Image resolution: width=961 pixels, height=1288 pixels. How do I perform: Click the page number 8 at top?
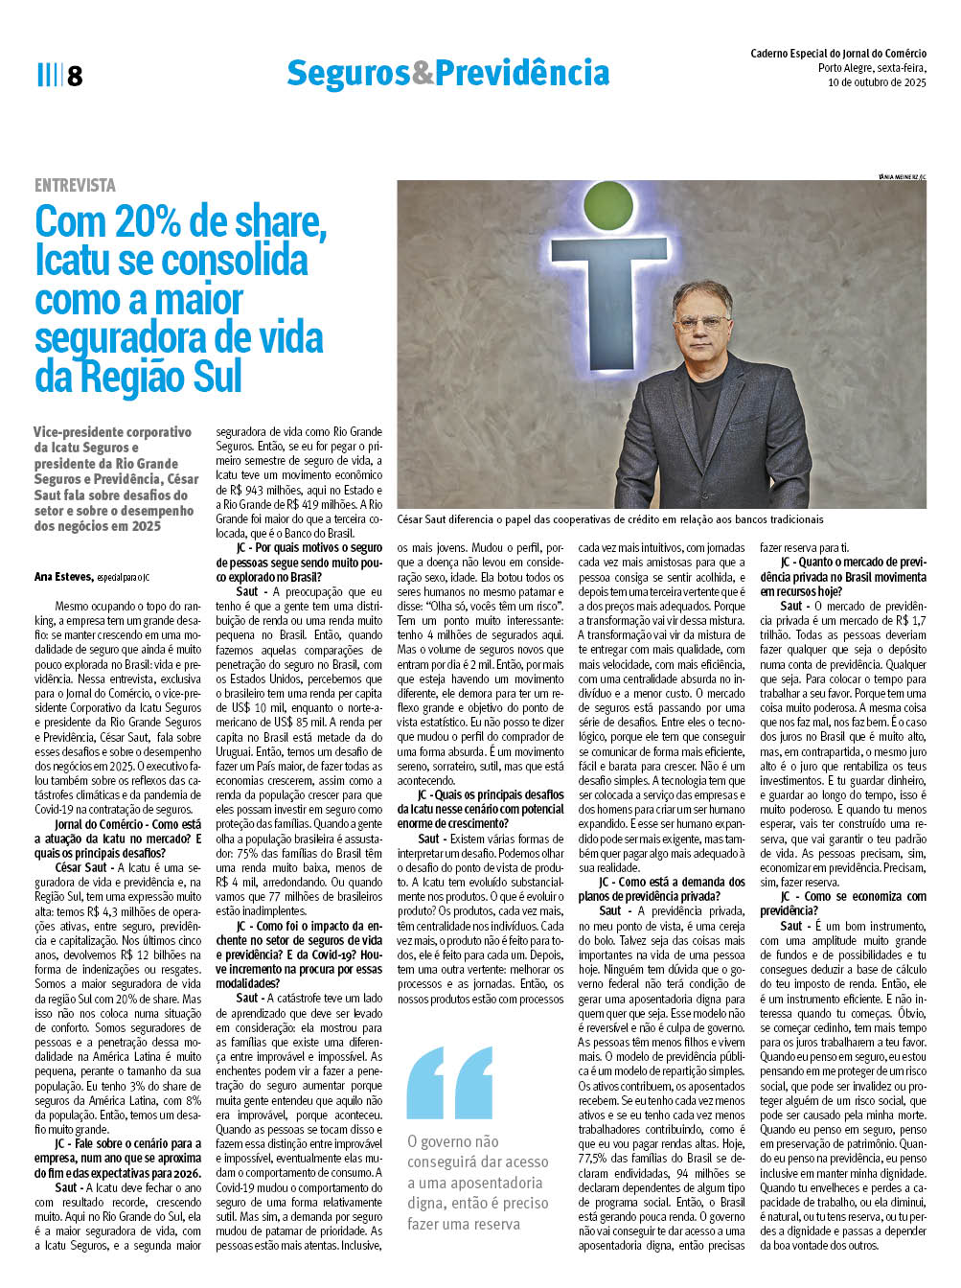[x=75, y=76]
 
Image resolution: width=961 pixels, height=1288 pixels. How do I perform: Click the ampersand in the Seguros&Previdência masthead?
[x=423, y=73]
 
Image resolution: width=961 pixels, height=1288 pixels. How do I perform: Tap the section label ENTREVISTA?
[x=75, y=185]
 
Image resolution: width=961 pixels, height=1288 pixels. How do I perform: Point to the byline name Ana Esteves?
[x=63, y=576]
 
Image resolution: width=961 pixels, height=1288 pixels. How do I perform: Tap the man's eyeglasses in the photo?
[x=701, y=323]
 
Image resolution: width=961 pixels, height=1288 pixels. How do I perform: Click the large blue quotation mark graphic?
[x=449, y=1082]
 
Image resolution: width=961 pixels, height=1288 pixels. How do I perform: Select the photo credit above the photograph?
[x=902, y=177]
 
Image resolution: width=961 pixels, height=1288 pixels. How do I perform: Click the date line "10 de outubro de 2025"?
[x=877, y=82]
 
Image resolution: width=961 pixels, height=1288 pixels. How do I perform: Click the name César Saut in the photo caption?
[x=428, y=519]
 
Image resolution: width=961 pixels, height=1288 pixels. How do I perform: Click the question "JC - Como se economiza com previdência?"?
[x=843, y=903]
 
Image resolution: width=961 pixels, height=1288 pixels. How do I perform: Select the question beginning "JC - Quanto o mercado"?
[x=843, y=576]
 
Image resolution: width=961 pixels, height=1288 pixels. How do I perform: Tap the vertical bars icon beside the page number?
[x=48, y=75]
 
